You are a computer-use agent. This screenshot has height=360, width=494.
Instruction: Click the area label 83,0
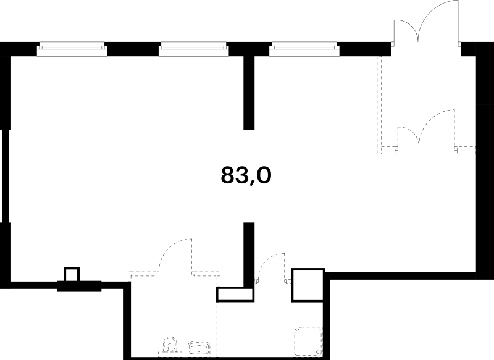pyautogui.click(x=246, y=175)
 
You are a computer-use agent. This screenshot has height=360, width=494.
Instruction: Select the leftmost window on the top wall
pyautogui.click(x=72, y=49)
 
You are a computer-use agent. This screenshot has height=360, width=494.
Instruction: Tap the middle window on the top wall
pyautogui.click(x=193, y=49)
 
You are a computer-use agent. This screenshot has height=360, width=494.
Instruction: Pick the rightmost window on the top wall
pyautogui.click(x=304, y=49)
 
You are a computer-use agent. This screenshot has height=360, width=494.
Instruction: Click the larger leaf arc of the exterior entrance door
pyautogui.click(x=432, y=12)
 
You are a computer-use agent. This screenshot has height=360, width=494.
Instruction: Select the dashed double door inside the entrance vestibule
pyautogui.click(x=426, y=128)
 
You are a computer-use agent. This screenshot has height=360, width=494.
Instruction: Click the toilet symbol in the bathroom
pyautogui.click(x=170, y=346)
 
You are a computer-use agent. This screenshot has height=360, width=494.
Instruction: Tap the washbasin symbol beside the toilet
pyautogui.click(x=199, y=348)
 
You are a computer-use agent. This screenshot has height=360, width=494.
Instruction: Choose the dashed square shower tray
pyautogui.click(x=308, y=341)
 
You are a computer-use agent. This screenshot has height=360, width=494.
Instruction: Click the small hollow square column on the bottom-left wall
pyautogui.click(x=72, y=274)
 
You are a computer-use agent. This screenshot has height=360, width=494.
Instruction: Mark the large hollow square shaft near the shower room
pyautogui.click(x=308, y=285)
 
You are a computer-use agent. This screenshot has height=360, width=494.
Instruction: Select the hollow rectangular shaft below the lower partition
pyautogui.click(x=235, y=294)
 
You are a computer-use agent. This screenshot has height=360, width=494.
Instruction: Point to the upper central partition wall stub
pyautogui.click(x=249, y=93)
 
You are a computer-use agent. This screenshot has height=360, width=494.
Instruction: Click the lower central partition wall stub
pyautogui.click(x=249, y=254)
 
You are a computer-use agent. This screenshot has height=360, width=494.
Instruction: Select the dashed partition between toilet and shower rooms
pyautogui.click(x=220, y=329)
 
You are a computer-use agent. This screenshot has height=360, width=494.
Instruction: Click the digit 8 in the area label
pyautogui.click(x=228, y=175)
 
